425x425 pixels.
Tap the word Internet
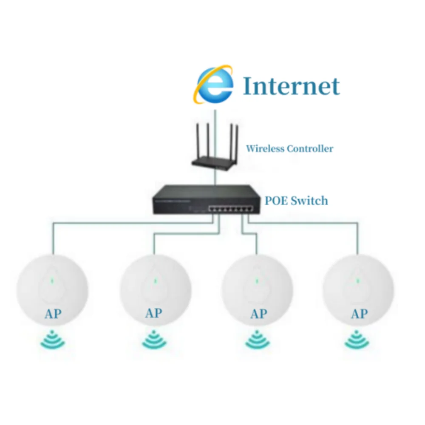[x=291, y=86]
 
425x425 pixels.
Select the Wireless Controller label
[x=289, y=149]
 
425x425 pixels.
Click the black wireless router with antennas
[x=215, y=159]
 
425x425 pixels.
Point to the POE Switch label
[x=296, y=200]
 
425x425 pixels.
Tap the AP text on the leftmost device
[x=53, y=314]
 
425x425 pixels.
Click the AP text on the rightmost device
[x=359, y=314]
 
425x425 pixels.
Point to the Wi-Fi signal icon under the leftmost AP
[x=52, y=339]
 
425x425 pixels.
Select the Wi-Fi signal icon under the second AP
[x=154, y=339]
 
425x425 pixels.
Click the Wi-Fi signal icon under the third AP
[x=257, y=339]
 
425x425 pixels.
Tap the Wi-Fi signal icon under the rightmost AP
[x=357, y=339]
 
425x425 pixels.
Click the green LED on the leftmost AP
[x=52, y=280]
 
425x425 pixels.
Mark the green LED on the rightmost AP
[x=358, y=280]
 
